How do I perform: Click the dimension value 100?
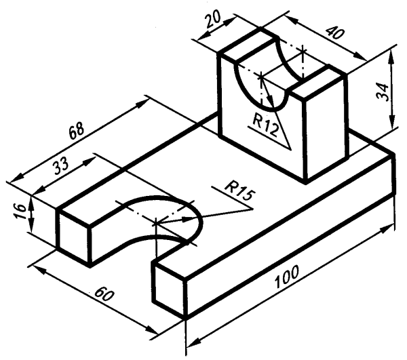287,277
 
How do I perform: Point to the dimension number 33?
61,165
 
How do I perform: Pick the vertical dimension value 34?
383,92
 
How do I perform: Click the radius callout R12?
265,126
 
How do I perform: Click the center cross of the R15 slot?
155,222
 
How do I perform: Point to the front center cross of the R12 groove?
261,76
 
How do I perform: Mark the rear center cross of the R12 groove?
303,52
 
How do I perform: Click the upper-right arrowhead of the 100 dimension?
387,229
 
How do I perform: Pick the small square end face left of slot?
74,234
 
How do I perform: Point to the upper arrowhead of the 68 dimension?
142,103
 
